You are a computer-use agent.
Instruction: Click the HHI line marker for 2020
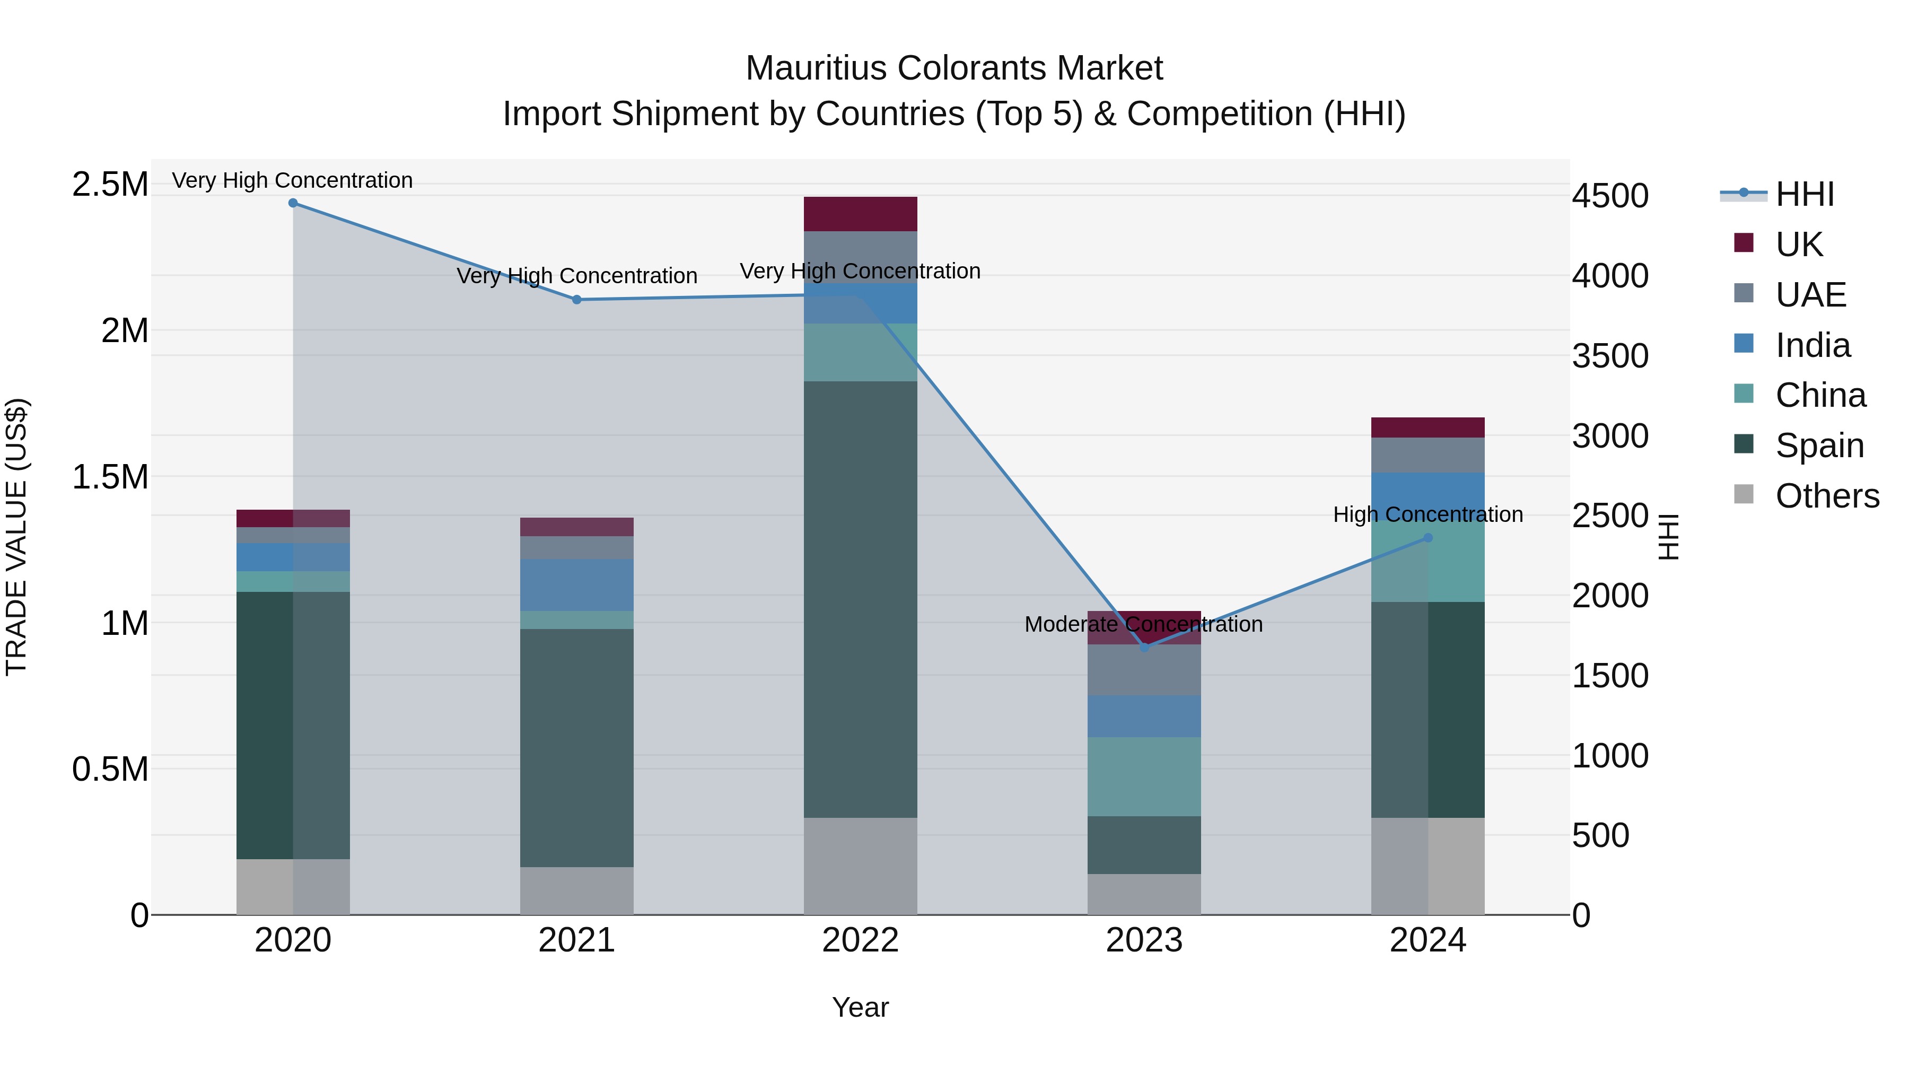[293, 203]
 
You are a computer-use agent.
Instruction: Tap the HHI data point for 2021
[576, 300]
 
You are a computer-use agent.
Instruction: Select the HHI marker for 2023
[1144, 647]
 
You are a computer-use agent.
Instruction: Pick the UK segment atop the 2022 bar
[861, 214]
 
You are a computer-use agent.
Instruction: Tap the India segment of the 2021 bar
[576, 585]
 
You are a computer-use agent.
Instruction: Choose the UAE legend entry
[1810, 295]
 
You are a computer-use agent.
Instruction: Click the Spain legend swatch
[1744, 444]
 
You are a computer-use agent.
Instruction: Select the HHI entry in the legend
[1805, 194]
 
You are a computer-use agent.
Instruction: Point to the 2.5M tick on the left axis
[110, 185]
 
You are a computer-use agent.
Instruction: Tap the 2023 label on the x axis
[1144, 940]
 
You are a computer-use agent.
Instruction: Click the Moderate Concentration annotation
[1143, 624]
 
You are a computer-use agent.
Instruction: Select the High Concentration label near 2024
[1428, 514]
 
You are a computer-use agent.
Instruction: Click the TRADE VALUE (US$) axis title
[16, 537]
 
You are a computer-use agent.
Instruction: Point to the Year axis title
[861, 1007]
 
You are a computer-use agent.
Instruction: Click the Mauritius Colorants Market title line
[954, 68]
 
